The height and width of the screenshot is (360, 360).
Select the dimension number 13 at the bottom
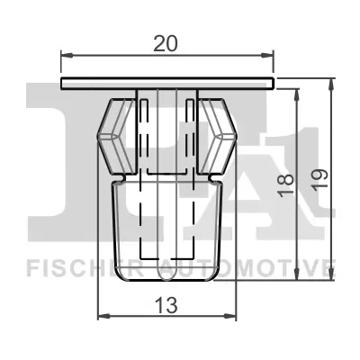[x=166, y=305]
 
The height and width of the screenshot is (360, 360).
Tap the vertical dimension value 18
[x=286, y=185]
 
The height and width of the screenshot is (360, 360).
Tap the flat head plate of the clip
[x=166, y=83]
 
